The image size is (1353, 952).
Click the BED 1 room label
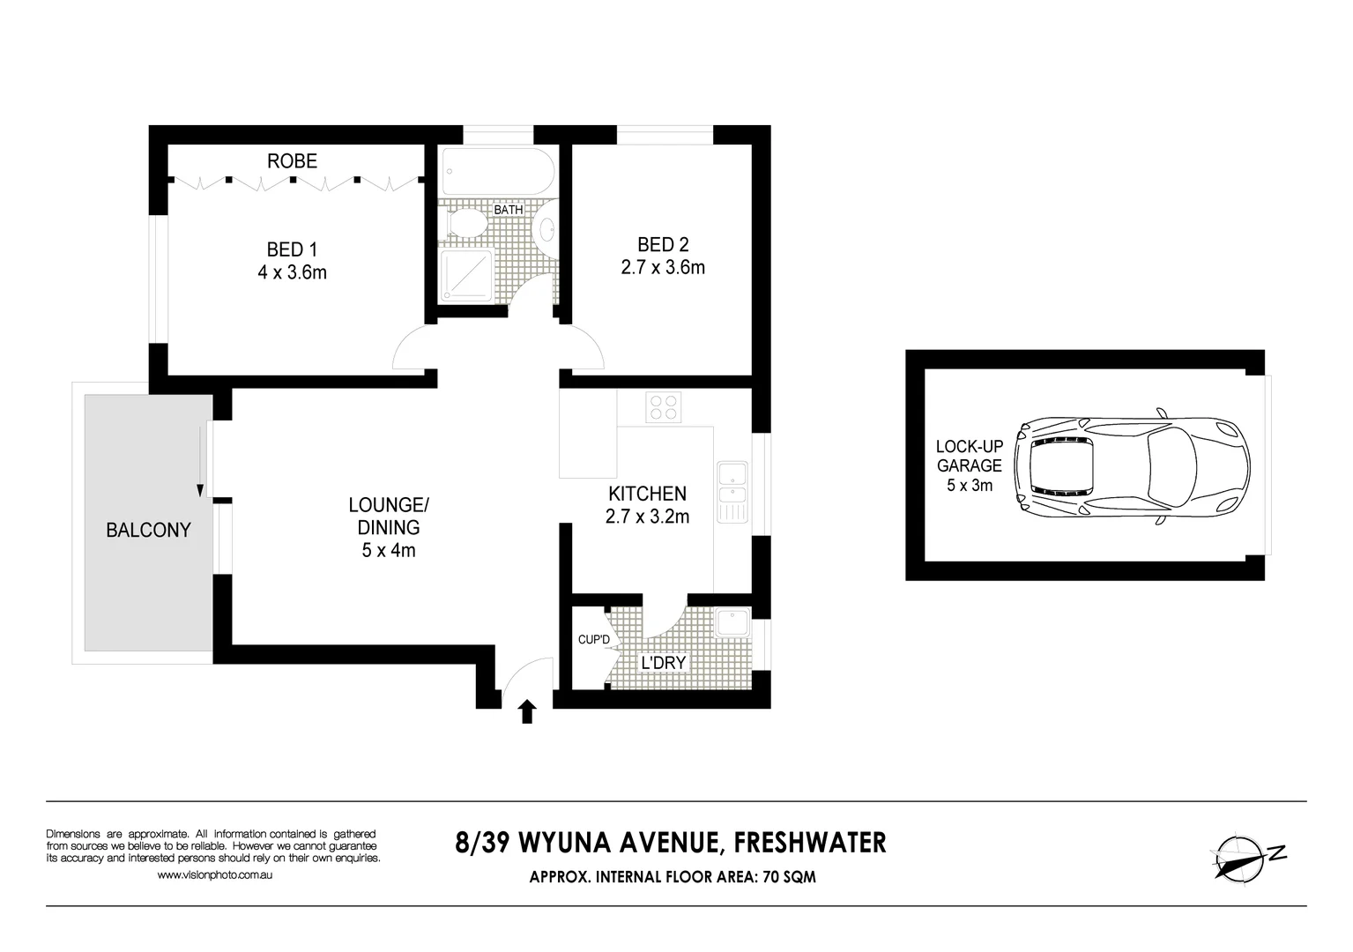(x=292, y=249)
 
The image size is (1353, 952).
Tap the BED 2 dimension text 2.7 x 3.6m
(x=663, y=268)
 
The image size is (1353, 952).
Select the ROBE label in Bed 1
(x=292, y=161)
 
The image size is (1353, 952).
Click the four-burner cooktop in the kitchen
(x=664, y=407)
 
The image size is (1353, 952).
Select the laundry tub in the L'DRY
(x=732, y=623)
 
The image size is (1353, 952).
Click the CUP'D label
(x=593, y=640)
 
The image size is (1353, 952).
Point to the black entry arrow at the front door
(x=527, y=711)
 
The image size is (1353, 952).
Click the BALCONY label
(x=148, y=530)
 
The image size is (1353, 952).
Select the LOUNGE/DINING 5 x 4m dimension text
(x=389, y=551)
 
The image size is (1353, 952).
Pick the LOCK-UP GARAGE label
(x=969, y=456)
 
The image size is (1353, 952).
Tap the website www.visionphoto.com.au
(x=214, y=875)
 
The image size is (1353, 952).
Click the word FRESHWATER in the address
(x=810, y=843)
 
